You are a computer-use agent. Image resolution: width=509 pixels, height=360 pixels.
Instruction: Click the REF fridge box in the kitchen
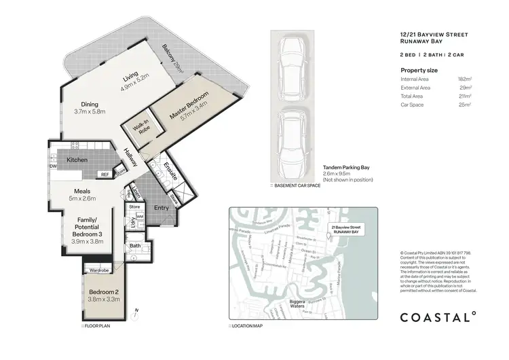click(x=105, y=175)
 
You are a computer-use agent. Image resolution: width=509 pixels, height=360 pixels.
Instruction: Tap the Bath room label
click(x=135, y=246)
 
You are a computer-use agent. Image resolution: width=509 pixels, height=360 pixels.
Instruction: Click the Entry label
click(x=162, y=208)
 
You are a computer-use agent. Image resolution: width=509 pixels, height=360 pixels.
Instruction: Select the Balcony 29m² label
click(x=173, y=58)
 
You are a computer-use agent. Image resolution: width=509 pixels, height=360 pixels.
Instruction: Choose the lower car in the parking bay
click(x=293, y=135)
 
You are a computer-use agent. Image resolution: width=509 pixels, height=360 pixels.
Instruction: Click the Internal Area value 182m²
click(x=464, y=79)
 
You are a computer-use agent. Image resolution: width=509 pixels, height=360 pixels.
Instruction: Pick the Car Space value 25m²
click(x=466, y=105)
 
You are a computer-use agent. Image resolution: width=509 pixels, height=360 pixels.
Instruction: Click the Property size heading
click(x=419, y=69)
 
